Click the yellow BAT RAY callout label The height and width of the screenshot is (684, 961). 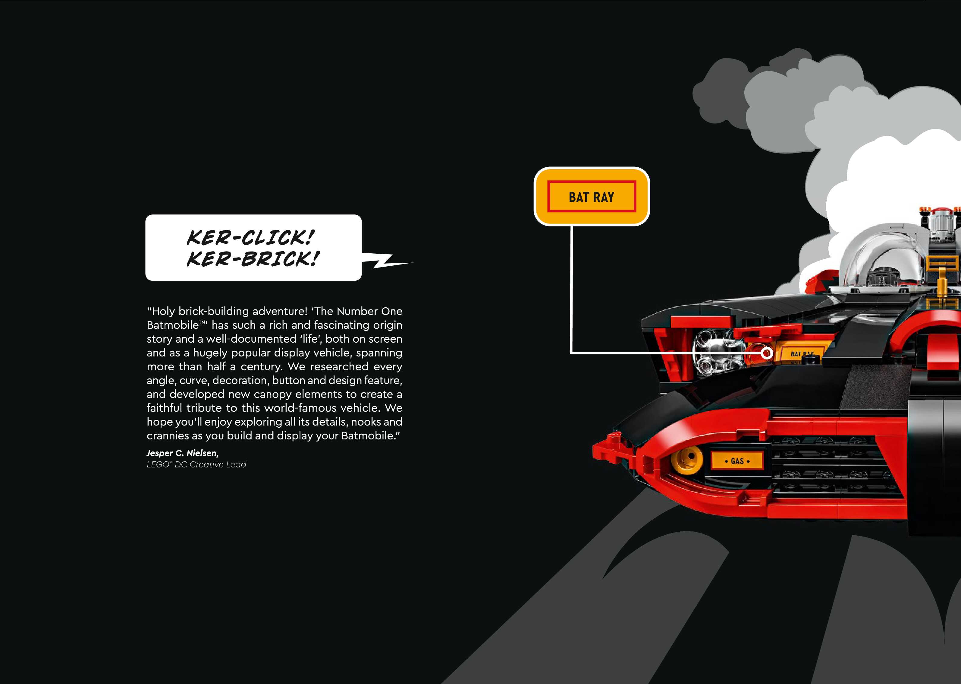coord(591,197)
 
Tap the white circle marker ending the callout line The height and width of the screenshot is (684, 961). coord(767,353)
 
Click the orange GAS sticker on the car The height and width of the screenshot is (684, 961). coord(737,461)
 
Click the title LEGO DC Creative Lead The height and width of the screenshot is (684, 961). coord(196,464)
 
